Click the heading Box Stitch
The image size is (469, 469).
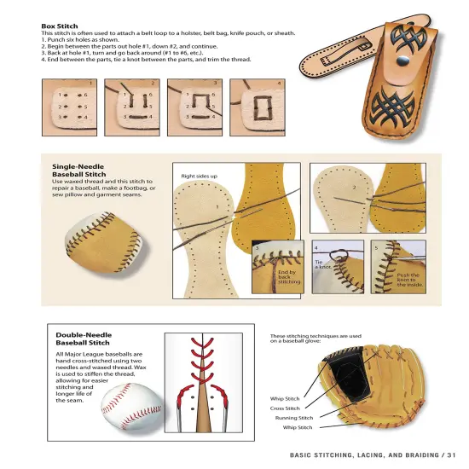click(x=60, y=26)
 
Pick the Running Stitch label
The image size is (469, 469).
click(x=294, y=418)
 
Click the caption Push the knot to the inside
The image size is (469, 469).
click(x=408, y=279)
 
